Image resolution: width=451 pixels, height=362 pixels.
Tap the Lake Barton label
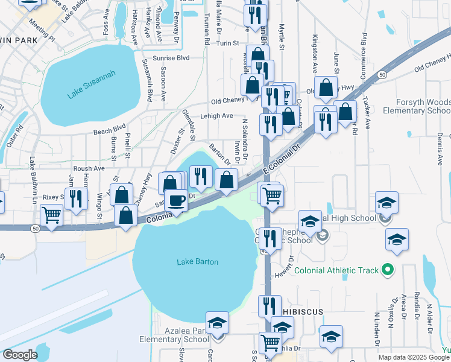197,262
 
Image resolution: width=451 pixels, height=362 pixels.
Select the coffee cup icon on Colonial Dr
176,200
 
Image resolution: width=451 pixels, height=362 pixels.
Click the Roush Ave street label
89,169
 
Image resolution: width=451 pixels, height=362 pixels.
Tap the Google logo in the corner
20,355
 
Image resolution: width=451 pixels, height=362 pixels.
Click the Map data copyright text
414,357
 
